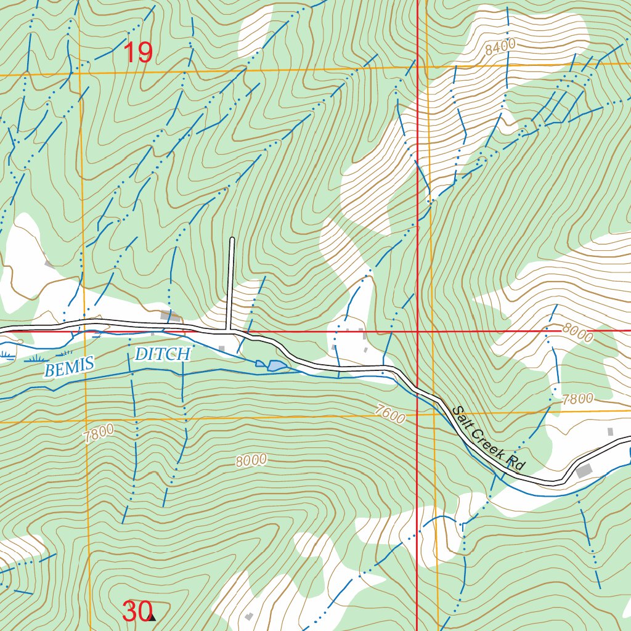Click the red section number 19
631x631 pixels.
click(x=138, y=53)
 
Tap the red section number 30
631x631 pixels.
click(x=136, y=611)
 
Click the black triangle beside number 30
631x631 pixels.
click(x=152, y=617)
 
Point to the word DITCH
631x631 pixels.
click(x=163, y=354)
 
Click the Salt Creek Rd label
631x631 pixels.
click(x=487, y=438)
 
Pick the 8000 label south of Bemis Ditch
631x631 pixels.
click(x=251, y=460)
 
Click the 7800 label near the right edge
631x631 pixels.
click(x=577, y=399)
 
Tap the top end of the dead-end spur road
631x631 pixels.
click(x=232, y=238)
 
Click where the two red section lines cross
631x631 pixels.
click(x=418, y=331)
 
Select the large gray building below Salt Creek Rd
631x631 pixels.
click(x=584, y=471)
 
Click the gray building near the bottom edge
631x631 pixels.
click(x=249, y=616)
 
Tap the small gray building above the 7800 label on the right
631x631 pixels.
click(x=610, y=431)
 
